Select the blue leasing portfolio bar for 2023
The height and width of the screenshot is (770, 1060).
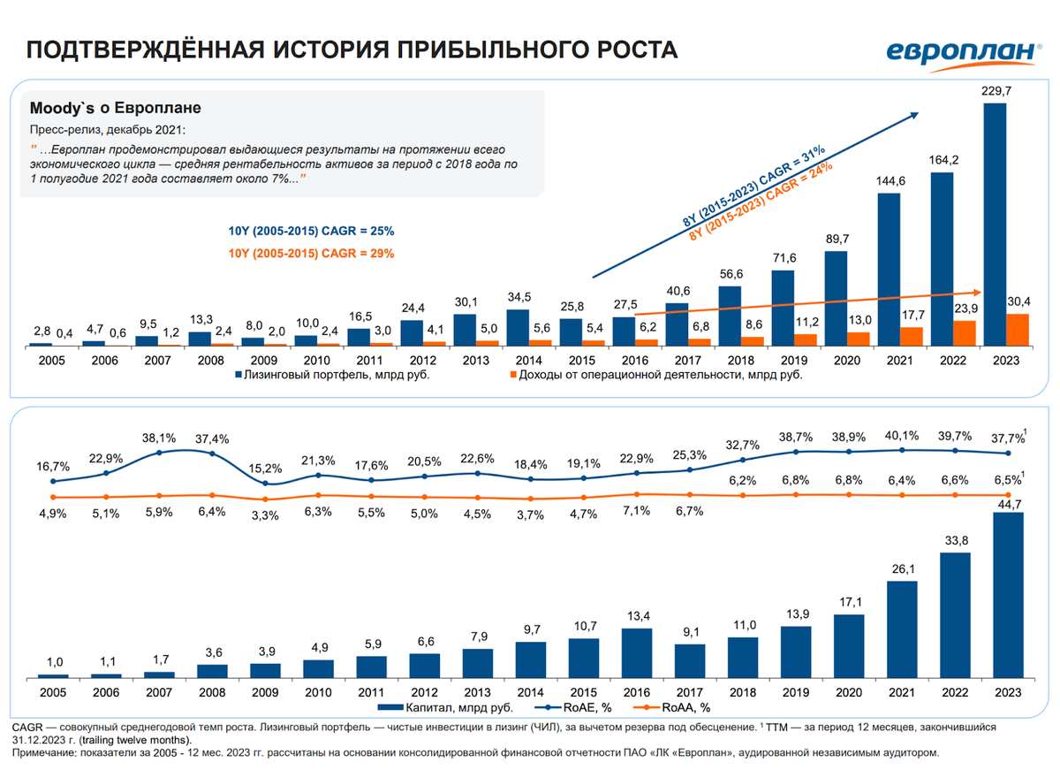click(995, 225)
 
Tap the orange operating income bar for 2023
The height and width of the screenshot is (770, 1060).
click(1018, 329)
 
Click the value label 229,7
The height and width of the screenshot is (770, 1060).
click(995, 91)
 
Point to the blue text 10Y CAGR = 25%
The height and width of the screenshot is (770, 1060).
click(311, 231)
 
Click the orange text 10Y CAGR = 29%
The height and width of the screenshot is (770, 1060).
click(311, 253)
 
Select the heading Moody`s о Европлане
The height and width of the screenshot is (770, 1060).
click(115, 109)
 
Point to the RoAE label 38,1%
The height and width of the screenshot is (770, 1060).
click(159, 437)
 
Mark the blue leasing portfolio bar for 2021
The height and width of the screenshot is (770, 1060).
click(889, 269)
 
